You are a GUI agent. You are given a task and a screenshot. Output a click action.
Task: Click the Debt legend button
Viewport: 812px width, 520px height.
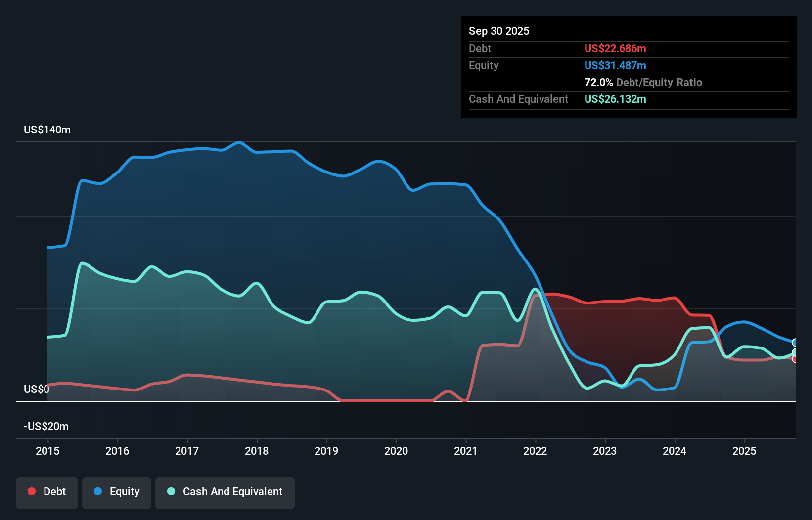click(47, 492)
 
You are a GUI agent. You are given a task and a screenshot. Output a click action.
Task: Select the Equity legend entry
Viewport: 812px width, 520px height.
click(117, 492)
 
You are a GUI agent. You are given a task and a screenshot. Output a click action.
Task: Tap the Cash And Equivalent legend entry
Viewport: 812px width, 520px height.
click(225, 492)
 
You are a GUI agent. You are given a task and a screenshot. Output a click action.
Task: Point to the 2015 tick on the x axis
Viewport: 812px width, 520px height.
click(47, 451)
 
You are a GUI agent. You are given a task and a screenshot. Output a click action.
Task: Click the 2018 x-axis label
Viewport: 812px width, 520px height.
click(257, 451)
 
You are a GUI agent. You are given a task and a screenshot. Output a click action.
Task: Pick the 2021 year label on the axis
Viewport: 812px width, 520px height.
click(466, 451)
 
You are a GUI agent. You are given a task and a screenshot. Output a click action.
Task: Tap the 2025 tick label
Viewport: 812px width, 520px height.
click(744, 451)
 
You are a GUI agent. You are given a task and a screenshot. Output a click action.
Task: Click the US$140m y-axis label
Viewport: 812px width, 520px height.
click(47, 130)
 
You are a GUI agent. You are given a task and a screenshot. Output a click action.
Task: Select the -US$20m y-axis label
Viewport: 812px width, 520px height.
click(46, 427)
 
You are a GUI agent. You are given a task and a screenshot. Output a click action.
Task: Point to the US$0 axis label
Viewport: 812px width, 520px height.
click(37, 390)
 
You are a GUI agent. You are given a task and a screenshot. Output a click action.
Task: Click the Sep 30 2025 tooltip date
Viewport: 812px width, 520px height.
click(498, 31)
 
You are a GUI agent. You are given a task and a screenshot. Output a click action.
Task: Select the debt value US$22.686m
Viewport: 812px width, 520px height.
click(615, 49)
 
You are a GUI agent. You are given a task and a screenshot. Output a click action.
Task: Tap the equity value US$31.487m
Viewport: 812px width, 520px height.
click(615, 66)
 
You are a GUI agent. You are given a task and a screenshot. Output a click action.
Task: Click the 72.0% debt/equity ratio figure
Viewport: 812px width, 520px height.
click(598, 83)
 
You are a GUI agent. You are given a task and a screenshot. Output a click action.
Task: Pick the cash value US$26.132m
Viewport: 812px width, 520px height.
click(615, 99)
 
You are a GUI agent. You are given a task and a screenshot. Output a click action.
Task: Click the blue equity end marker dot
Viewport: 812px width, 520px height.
click(795, 343)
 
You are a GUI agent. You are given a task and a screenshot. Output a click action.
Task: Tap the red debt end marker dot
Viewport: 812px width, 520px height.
click(795, 359)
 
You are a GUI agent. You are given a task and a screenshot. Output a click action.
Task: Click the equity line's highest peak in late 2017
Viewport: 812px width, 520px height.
click(239, 142)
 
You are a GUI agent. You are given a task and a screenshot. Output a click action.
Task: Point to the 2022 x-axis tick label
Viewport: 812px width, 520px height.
click(535, 451)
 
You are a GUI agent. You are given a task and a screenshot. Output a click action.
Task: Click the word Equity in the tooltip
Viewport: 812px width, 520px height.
click(484, 66)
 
